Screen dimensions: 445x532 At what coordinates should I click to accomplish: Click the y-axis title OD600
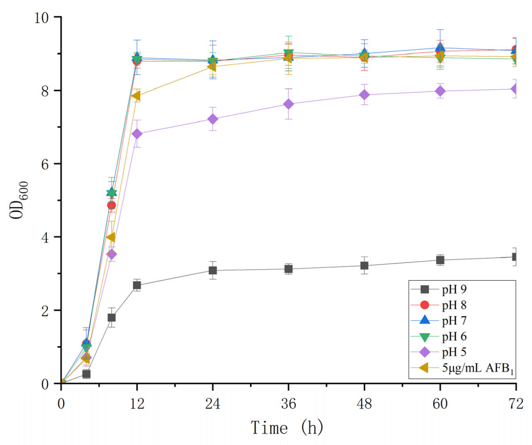(x=20, y=200)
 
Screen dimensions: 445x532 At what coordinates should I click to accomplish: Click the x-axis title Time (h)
(x=287, y=428)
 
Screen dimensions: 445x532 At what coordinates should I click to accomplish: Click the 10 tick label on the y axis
(x=44, y=17)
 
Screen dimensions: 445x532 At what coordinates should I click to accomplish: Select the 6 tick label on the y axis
(x=49, y=164)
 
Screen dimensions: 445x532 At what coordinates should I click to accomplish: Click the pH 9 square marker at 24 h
(x=213, y=270)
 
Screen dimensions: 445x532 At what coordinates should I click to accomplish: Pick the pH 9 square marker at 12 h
(x=137, y=285)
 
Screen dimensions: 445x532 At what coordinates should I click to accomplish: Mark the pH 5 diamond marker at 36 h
(x=288, y=104)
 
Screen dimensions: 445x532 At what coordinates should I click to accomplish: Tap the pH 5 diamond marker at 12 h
(x=137, y=134)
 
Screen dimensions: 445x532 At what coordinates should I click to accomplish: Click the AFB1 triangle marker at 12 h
(x=136, y=96)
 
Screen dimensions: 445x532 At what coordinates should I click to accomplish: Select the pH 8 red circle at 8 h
(x=111, y=205)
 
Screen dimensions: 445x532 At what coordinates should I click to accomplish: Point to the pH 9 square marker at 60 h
(x=440, y=260)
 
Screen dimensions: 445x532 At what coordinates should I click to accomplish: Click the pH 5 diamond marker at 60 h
(x=440, y=91)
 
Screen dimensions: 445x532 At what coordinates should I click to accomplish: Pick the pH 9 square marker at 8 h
(x=111, y=318)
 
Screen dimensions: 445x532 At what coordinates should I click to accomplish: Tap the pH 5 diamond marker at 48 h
(x=364, y=95)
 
